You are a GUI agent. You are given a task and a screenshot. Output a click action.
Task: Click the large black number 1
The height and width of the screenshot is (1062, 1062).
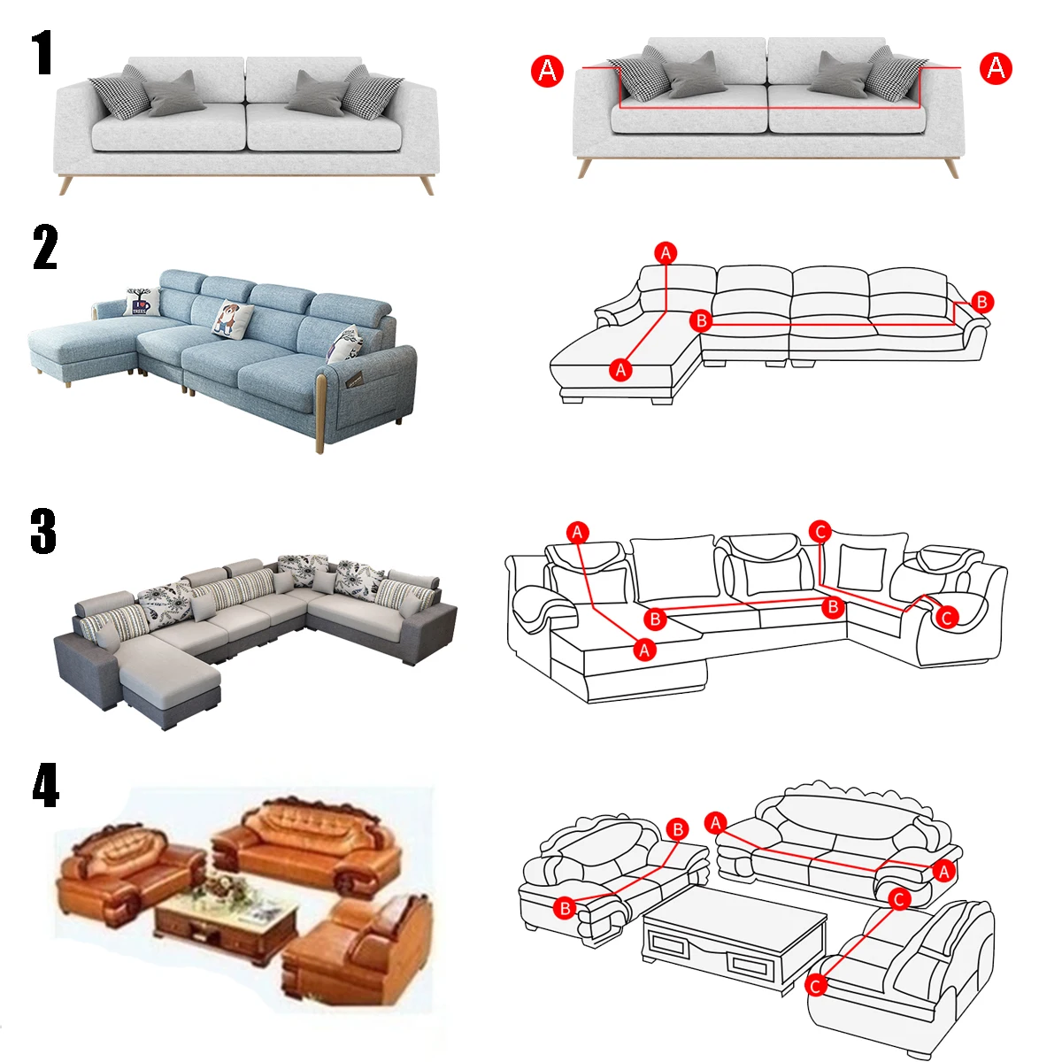pos(42,52)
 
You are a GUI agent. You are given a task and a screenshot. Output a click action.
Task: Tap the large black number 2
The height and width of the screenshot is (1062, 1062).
pos(45,247)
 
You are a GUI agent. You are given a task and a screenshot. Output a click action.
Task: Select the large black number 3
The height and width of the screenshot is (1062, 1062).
pos(43,531)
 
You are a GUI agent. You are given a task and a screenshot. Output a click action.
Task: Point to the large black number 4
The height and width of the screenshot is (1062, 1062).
pos(46,785)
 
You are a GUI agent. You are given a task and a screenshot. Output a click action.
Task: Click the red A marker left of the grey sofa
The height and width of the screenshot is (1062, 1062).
pos(547,71)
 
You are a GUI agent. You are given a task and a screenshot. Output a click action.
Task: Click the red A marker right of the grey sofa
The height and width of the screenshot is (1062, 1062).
pos(996,68)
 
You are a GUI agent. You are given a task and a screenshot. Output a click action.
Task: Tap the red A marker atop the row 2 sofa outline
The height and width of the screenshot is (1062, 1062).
pos(666,253)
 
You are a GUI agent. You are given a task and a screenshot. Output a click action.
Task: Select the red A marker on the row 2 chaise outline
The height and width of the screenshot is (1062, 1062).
pos(620,369)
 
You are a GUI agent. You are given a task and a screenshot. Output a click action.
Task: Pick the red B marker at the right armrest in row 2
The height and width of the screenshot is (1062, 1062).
pos(981,302)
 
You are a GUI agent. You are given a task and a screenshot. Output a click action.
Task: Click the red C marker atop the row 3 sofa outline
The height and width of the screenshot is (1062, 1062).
pos(820,532)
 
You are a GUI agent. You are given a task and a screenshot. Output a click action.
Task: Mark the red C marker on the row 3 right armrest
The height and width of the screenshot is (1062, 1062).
pos(947,617)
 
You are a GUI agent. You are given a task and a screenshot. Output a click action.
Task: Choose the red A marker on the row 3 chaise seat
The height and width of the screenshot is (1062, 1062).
pos(644,650)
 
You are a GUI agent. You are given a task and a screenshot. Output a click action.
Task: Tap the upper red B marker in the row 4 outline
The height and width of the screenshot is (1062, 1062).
pos(677,829)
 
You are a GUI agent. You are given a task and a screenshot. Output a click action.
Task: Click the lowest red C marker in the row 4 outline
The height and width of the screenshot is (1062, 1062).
pos(816,985)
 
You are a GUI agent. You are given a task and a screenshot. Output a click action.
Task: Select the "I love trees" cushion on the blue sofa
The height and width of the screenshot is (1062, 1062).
pos(141,302)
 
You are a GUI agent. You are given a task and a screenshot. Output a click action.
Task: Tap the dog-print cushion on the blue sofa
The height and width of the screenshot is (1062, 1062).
pos(233,318)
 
